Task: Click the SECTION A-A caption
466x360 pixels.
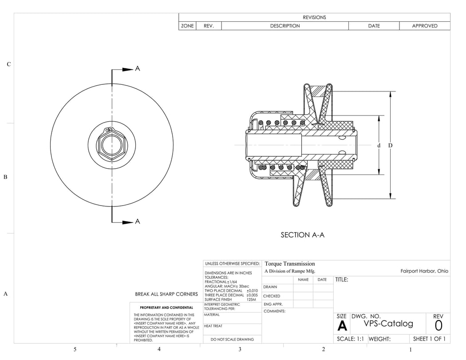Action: click(x=302, y=235)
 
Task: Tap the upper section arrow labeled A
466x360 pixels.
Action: click(x=127, y=69)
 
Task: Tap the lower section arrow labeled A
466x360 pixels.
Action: click(x=127, y=222)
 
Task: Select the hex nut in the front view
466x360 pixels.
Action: click(x=111, y=145)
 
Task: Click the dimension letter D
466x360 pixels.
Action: click(x=390, y=145)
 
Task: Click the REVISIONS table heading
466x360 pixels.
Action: click(x=314, y=17)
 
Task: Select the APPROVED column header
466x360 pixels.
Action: click(x=424, y=26)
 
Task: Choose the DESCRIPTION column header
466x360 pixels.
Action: click(x=285, y=26)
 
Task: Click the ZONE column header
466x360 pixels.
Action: click(x=187, y=26)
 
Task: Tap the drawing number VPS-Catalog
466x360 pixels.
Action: click(x=388, y=324)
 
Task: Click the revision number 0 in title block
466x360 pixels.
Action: click(x=438, y=326)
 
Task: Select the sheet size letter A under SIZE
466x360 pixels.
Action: click(x=342, y=326)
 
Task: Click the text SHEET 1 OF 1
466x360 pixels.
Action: click(x=429, y=339)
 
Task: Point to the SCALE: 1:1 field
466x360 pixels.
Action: click(x=350, y=339)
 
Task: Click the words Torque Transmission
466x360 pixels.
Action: click(x=290, y=264)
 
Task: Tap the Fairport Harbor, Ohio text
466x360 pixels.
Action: click(x=424, y=271)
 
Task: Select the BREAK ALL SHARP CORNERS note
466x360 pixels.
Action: click(x=166, y=294)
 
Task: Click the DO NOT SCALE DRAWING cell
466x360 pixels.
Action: click(x=232, y=339)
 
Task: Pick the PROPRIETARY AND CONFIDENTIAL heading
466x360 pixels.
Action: click(x=166, y=307)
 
